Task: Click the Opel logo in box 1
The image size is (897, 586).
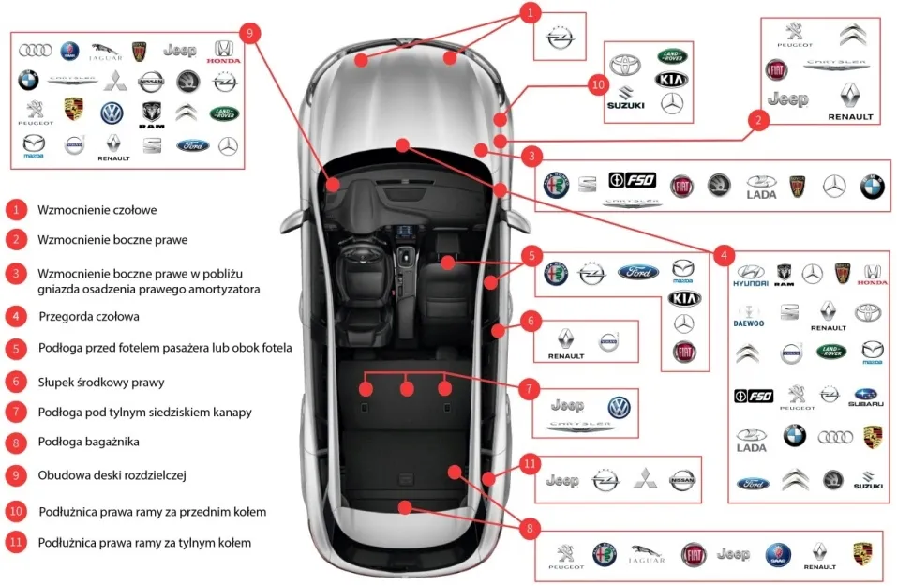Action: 560,38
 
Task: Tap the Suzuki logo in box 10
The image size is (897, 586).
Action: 625,98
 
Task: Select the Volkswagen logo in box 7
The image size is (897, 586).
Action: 620,406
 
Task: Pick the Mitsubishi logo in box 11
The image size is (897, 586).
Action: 643,480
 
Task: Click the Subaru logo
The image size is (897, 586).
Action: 866,398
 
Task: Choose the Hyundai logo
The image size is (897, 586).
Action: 750,275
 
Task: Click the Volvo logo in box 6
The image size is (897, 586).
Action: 609,342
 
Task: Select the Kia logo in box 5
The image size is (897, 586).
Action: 683,298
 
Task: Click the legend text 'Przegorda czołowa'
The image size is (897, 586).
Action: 88,316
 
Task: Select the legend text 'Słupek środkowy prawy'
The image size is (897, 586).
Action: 100,382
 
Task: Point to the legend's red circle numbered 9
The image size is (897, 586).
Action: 16,475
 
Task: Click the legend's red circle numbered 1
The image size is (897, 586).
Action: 16,209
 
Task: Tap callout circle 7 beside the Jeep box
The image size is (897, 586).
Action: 528,386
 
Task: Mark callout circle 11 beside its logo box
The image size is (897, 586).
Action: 528,464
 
